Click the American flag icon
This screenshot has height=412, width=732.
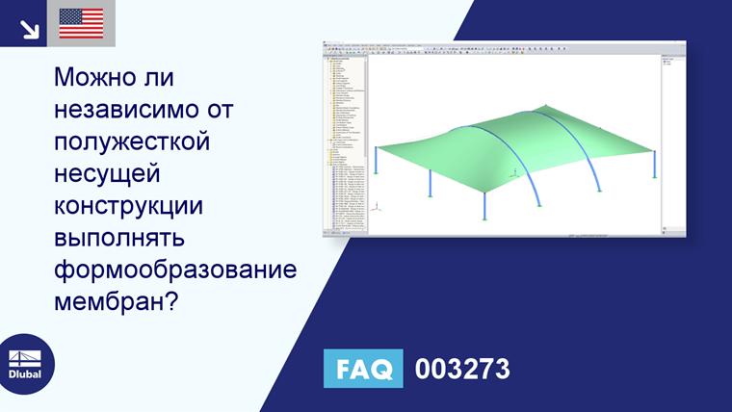point(81,23)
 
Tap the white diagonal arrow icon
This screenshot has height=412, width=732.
point(30,29)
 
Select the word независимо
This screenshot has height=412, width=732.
point(140,110)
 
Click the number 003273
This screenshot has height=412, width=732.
point(461,369)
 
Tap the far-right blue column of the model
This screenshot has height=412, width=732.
point(654,164)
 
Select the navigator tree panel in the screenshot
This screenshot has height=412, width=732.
point(345,144)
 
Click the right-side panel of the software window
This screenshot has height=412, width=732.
point(673,144)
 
